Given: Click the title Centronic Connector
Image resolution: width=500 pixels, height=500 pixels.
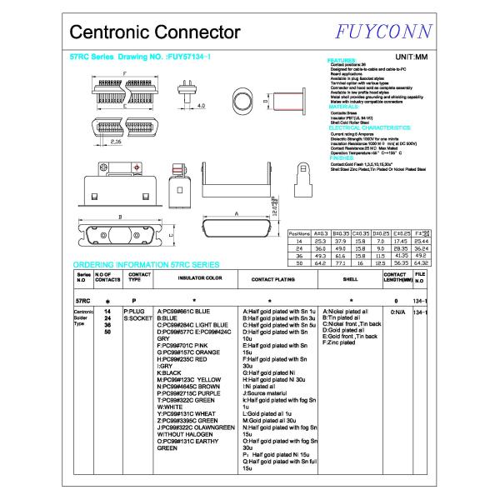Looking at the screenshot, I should click(154, 32).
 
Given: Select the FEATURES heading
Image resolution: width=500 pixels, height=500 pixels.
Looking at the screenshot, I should click(343, 61).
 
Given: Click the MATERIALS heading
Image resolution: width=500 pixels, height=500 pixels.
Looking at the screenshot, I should click(344, 107).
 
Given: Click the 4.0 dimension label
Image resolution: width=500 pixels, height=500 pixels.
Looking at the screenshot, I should click(201, 107).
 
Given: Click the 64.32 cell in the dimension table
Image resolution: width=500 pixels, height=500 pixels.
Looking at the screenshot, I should click(421, 262).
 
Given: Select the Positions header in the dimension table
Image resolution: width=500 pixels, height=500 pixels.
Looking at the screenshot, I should click(299, 234).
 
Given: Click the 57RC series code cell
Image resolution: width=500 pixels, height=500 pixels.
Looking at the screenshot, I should click(83, 299).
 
